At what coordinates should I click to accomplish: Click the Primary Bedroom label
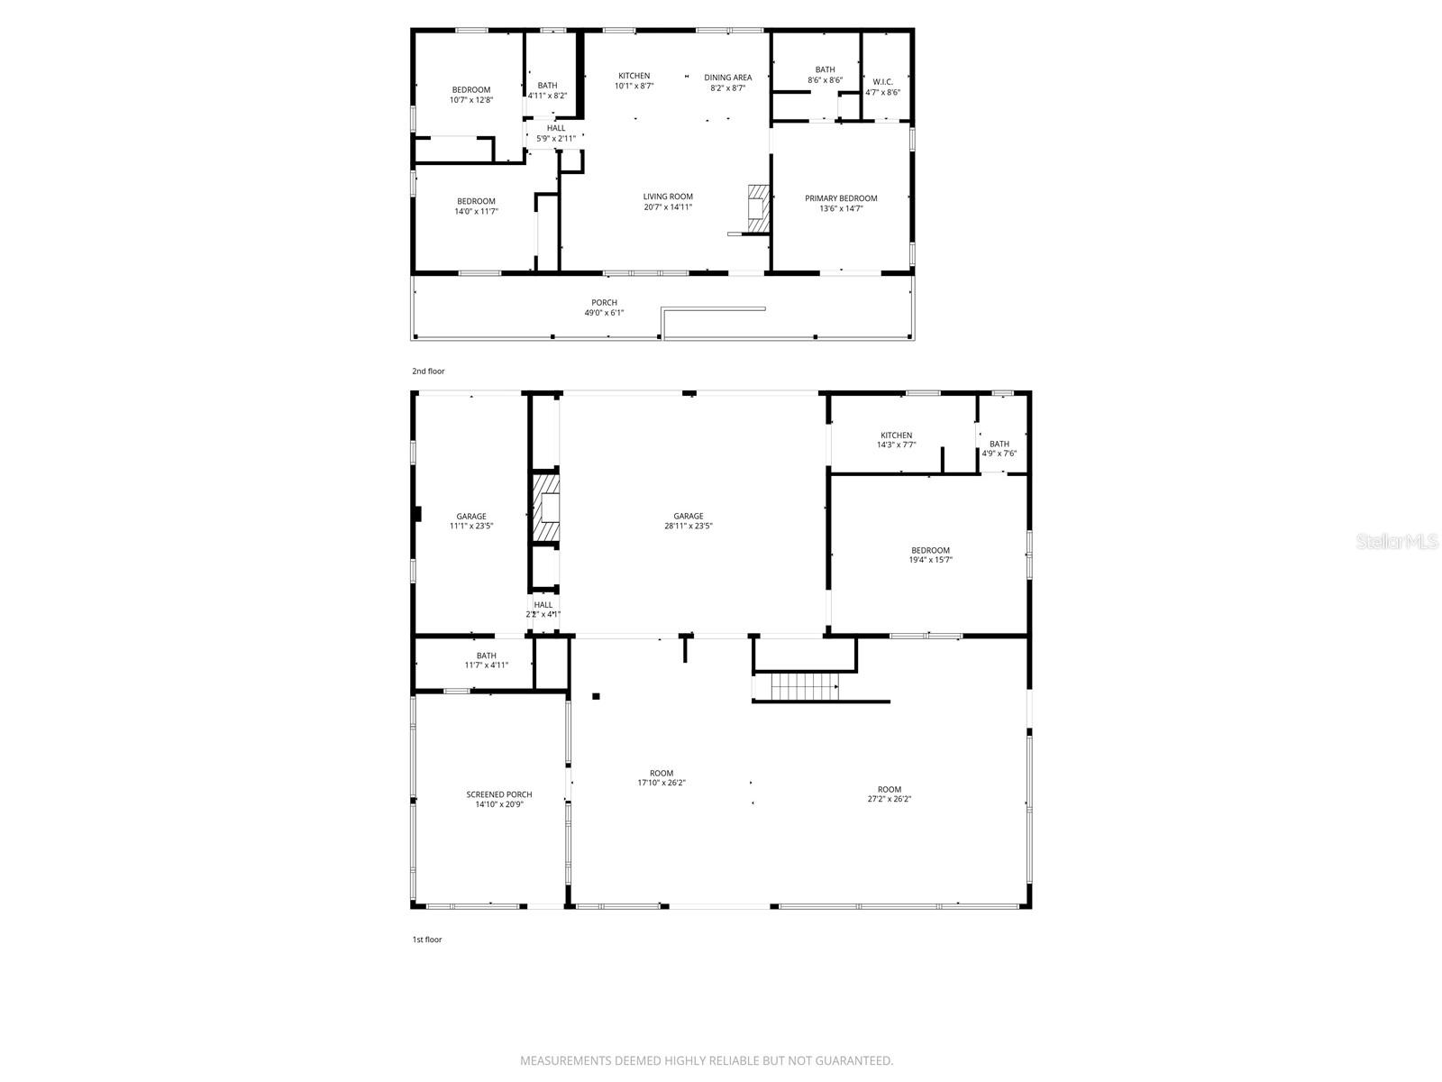[x=841, y=204]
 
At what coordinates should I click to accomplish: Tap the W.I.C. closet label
[x=882, y=87]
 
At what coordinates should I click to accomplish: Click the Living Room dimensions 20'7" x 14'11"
[x=668, y=207]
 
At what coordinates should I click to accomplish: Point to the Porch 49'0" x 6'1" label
[x=604, y=307]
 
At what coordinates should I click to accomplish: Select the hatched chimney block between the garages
[x=545, y=510]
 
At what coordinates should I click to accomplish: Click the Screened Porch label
[x=498, y=799]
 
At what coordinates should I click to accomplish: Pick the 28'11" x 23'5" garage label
[x=688, y=521]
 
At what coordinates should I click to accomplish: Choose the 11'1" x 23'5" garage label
[x=470, y=521]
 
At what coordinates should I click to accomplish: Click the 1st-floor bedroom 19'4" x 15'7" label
[x=930, y=555]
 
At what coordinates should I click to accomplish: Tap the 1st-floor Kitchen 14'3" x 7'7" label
[x=896, y=440]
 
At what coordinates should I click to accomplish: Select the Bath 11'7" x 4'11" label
[x=486, y=660]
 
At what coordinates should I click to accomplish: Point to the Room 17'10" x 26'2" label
[x=662, y=777]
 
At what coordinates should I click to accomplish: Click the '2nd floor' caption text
[x=428, y=371]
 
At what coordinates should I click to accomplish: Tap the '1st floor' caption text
[x=427, y=940]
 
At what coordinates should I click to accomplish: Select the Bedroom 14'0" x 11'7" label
[x=476, y=206]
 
